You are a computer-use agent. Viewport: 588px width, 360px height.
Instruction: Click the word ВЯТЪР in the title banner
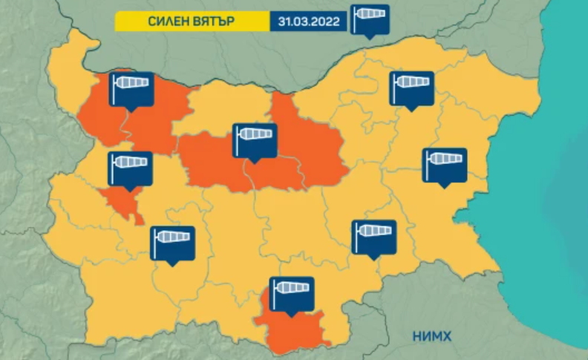[x=222, y=22]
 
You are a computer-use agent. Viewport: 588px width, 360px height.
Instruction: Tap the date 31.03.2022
[x=308, y=22]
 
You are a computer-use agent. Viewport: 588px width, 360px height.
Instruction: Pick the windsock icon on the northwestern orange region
[x=131, y=89]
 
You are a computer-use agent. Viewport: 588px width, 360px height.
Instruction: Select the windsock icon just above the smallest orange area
[x=131, y=168]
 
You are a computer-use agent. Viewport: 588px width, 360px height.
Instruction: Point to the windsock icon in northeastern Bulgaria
[x=411, y=88]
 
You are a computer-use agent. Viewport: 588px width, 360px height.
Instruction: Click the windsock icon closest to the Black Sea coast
[x=444, y=164]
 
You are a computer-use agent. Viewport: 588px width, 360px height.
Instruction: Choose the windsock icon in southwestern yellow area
[x=172, y=243]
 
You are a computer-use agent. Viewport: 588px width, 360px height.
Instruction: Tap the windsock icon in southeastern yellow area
[x=373, y=237]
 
